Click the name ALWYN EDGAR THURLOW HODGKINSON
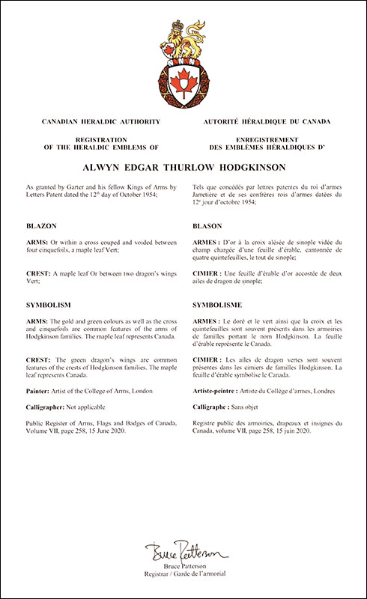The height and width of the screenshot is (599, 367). click(183, 168)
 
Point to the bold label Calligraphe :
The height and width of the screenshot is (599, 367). click(213, 410)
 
